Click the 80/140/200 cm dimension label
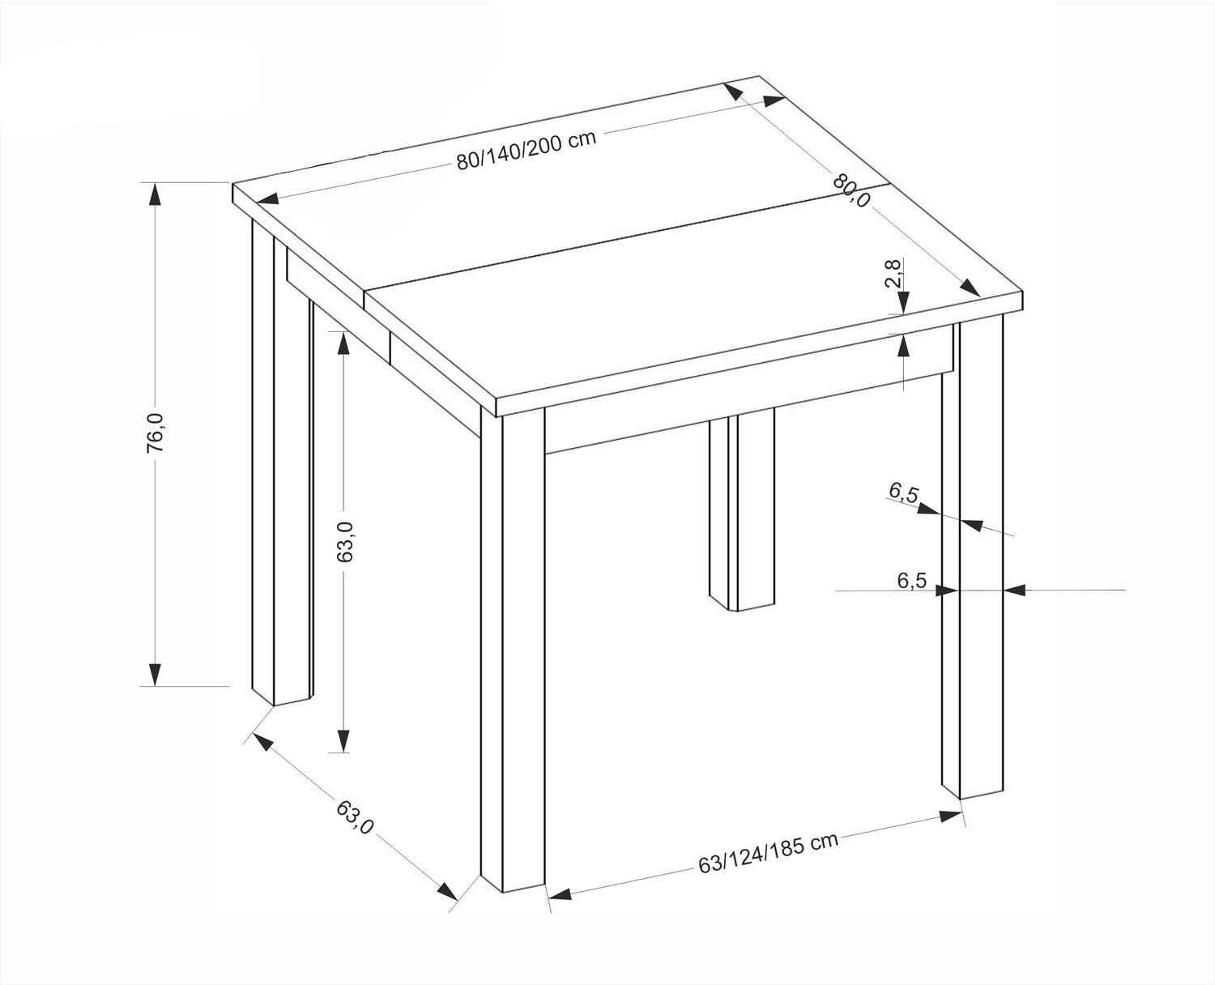(x=526, y=149)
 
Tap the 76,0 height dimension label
(x=156, y=433)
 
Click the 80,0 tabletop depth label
(x=851, y=190)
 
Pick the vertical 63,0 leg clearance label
(x=345, y=543)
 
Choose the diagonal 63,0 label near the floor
(x=355, y=817)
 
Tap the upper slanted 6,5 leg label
(x=903, y=492)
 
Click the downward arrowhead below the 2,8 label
(x=903, y=302)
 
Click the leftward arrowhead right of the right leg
(x=1013, y=591)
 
